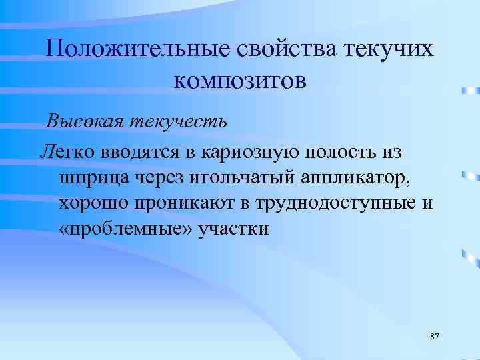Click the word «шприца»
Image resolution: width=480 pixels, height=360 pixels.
tap(91, 178)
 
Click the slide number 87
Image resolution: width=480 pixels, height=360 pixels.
tap(435, 335)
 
